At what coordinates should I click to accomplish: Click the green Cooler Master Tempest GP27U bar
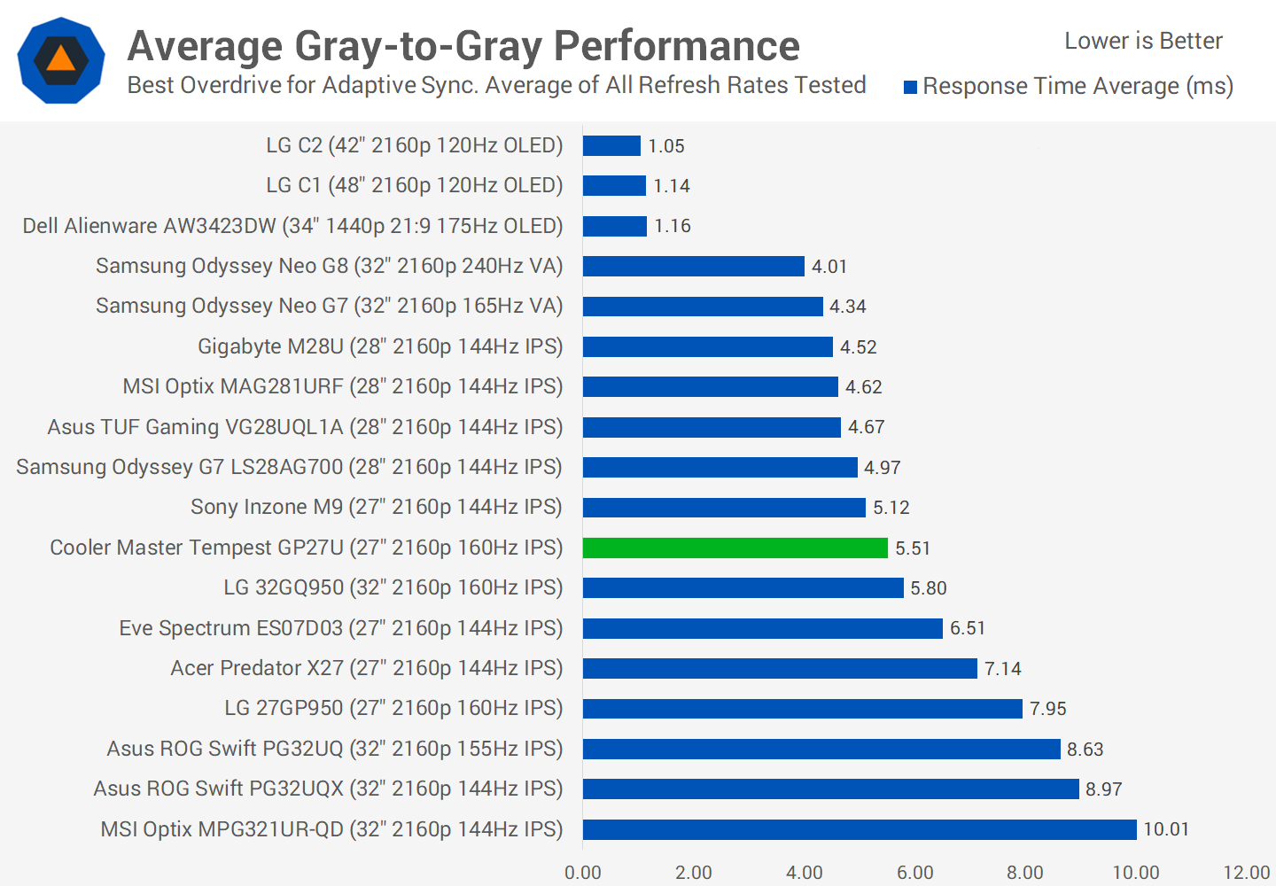(x=735, y=548)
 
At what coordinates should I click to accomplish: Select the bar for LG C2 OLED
(x=611, y=145)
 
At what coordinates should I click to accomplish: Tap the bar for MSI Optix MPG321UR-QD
(x=859, y=829)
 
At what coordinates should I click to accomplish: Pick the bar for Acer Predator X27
(x=780, y=668)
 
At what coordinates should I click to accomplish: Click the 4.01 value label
(x=829, y=267)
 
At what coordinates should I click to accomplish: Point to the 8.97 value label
(x=1103, y=789)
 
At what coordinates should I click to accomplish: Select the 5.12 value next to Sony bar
(x=891, y=508)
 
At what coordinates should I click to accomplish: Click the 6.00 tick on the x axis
(x=914, y=873)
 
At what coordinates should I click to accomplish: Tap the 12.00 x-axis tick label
(x=1246, y=873)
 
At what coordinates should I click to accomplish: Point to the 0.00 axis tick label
(x=583, y=873)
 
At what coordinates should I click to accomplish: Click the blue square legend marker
(x=910, y=87)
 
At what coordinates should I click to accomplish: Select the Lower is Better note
(x=1143, y=41)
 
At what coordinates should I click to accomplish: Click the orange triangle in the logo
(x=60, y=59)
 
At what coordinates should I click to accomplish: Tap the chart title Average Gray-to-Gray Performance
(x=463, y=46)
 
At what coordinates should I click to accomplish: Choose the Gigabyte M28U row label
(x=380, y=346)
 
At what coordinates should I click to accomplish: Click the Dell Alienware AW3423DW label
(x=292, y=226)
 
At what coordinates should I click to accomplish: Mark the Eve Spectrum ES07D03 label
(x=341, y=628)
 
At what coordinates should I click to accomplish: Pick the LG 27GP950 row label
(x=393, y=708)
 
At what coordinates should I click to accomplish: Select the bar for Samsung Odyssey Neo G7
(x=703, y=307)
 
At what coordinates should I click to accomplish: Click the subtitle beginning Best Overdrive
(x=496, y=85)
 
